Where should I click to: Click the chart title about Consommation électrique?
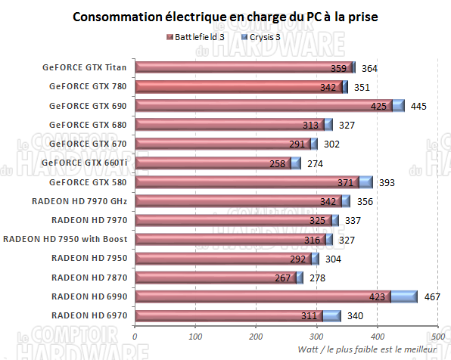(x=225, y=16)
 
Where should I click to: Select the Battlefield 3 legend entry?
(x=199, y=36)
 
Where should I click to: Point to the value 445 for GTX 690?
(x=418, y=106)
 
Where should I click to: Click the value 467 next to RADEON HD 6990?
(x=433, y=297)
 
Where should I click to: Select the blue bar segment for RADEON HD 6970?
(x=331, y=315)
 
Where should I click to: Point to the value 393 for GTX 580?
(x=387, y=182)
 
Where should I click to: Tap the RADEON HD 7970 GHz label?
(x=80, y=201)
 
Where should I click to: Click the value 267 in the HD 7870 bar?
(x=284, y=278)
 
